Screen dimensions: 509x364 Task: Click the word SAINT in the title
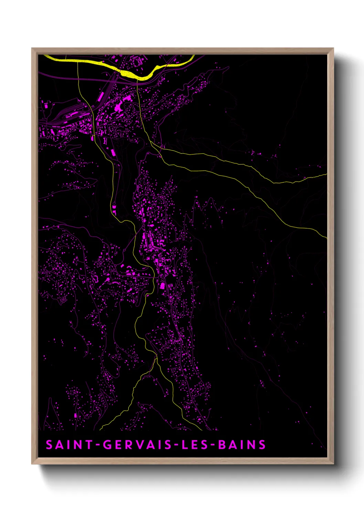point(65,445)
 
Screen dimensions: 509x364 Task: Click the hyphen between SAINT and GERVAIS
point(98,445)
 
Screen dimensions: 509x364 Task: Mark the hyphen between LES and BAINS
point(213,445)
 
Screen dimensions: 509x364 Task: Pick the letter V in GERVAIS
point(141,445)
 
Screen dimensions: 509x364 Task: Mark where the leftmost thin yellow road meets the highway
point(78,62)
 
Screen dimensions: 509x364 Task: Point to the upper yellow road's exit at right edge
point(326,174)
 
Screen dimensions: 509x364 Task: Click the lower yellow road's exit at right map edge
point(326,237)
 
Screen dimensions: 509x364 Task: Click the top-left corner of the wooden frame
point(32,48)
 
